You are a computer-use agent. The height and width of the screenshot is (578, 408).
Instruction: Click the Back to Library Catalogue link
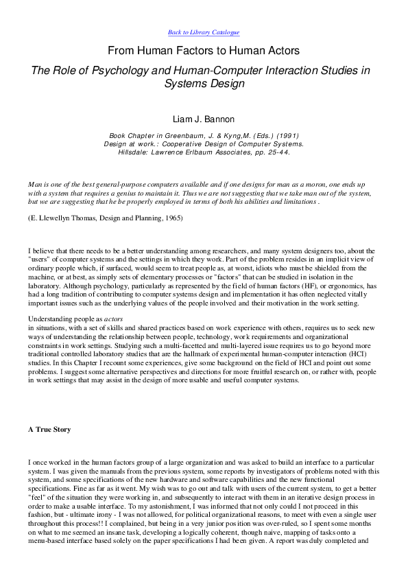click(204, 32)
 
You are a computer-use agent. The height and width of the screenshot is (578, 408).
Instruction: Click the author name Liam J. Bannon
click(204, 119)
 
